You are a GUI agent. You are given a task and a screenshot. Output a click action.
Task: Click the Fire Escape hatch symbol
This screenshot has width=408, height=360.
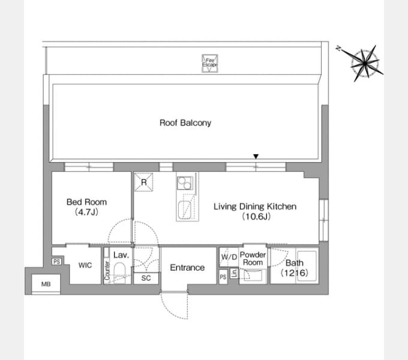pyautogui.click(x=210, y=63)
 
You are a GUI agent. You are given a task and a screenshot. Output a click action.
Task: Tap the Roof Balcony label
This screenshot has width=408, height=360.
pyautogui.click(x=185, y=123)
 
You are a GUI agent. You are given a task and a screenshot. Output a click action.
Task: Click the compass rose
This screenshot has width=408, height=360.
pyautogui.click(x=364, y=64)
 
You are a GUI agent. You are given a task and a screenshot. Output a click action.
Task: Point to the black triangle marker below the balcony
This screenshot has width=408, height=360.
pyautogui.click(x=256, y=157)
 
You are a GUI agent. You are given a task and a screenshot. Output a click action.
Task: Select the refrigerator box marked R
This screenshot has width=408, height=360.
pyautogui.click(x=143, y=182)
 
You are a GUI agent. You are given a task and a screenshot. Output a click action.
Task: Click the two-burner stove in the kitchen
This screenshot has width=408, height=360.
pyautogui.click(x=185, y=183)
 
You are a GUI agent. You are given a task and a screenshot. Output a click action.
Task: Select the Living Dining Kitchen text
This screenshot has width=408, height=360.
pyautogui.click(x=255, y=206)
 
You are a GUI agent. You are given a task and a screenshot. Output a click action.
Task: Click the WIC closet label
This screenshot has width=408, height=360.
pyautogui.click(x=85, y=265)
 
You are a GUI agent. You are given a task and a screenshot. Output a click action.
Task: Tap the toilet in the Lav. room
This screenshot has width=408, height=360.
pyautogui.click(x=119, y=272)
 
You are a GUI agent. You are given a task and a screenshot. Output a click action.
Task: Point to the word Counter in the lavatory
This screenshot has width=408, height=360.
pyautogui.click(x=107, y=270)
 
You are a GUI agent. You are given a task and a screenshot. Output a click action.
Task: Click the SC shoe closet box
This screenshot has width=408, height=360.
pyautogui.click(x=146, y=278)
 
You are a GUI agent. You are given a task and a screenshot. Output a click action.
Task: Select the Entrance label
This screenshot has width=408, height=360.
pyautogui.click(x=187, y=268)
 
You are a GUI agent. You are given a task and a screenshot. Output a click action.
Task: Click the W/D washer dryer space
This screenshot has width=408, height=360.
pyautogui.click(x=229, y=257)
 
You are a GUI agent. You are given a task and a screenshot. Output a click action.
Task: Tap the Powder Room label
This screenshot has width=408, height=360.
pyautogui.click(x=253, y=259)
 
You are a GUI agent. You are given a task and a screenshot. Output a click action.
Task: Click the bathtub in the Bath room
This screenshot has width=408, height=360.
pyautogui.click(x=307, y=266)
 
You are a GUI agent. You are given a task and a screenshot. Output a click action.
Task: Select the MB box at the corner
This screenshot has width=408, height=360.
pyautogui.click(x=46, y=284)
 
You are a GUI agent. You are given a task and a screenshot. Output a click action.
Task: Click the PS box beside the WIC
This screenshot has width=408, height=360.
pyautogui.click(x=56, y=262)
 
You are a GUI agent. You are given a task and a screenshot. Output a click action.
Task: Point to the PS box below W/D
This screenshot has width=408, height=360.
pyautogui.click(x=223, y=277)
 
